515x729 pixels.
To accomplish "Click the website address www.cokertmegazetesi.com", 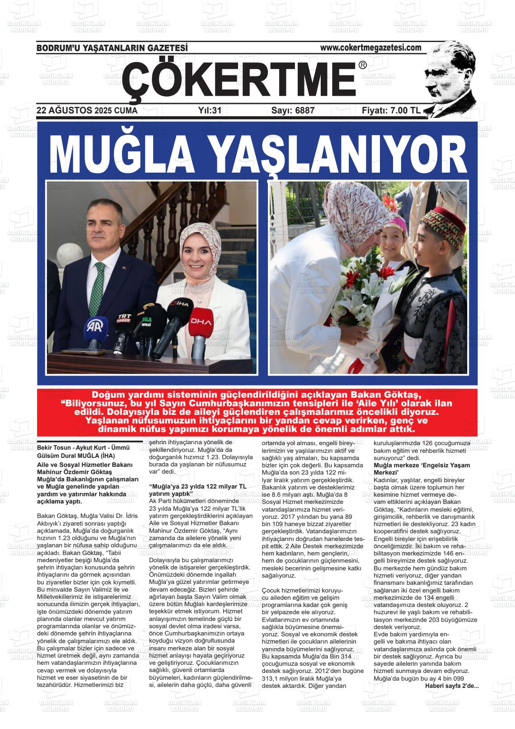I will pos(370,47).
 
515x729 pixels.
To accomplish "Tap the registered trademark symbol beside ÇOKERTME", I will pos(362,66).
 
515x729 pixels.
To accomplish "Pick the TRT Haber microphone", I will pos(124,319).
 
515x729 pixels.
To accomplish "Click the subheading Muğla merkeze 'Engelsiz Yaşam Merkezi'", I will pos(421,469).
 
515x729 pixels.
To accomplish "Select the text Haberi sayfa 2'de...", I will pos(451,686).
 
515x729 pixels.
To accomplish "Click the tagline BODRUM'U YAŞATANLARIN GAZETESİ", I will pos(112,48).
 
